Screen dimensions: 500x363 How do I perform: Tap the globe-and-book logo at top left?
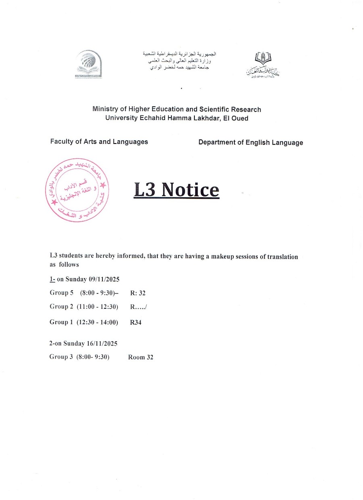pyautogui.click(x=88, y=63)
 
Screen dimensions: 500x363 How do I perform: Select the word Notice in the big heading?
pyautogui.click(x=190, y=190)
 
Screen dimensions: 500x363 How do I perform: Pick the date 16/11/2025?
pyautogui.click(x=102, y=344)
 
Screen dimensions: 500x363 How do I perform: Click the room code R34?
pyautogui.click(x=136, y=323)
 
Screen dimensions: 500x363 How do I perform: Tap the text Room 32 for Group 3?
pyautogui.click(x=141, y=357)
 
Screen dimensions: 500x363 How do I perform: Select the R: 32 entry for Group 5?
pyautogui.click(x=138, y=293)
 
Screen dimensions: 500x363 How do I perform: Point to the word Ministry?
pyautogui.click(x=104, y=110)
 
